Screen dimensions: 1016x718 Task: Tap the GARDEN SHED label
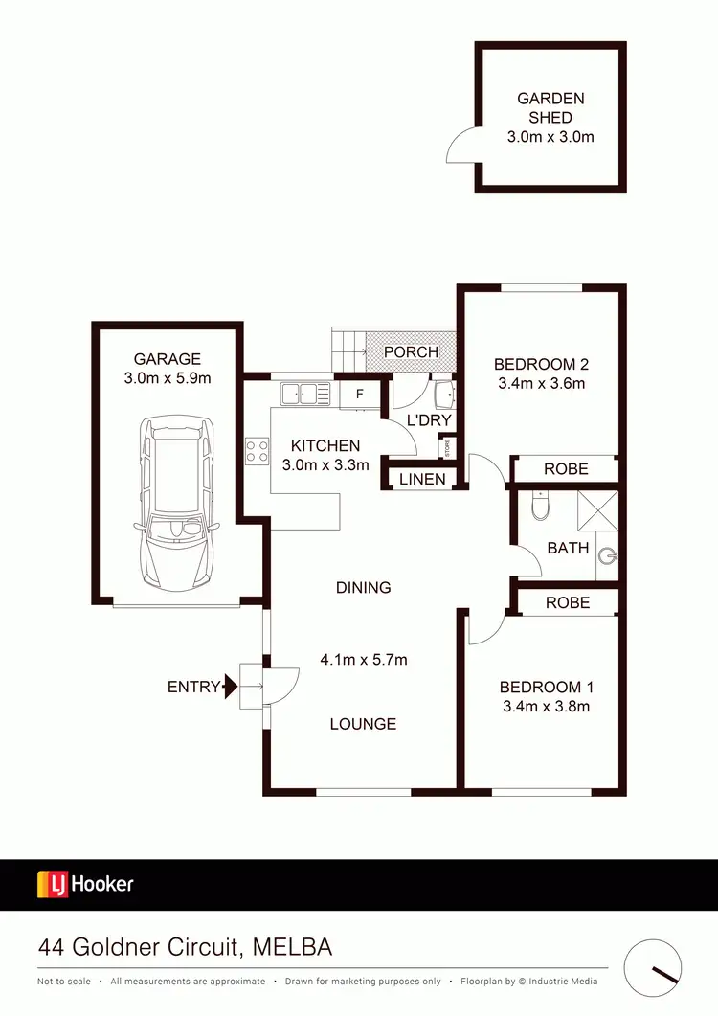tap(550, 107)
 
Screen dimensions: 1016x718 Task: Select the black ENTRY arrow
tap(230, 686)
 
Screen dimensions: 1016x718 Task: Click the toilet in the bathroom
tap(540, 507)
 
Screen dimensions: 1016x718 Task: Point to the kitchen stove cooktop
tap(257, 450)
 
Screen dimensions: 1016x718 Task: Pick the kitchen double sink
tap(305, 393)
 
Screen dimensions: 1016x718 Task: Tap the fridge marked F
tap(360, 394)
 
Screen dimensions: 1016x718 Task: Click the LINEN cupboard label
tap(422, 478)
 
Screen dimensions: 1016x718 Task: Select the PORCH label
tap(411, 351)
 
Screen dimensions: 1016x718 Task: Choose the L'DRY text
tap(429, 420)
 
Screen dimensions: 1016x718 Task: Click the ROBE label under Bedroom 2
tap(566, 468)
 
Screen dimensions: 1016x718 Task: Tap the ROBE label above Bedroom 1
tap(567, 602)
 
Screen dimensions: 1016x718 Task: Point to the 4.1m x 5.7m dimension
tap(364, 659)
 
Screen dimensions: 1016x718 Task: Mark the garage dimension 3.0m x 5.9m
tap(168, 377)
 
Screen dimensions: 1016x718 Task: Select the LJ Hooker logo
tap(85, 884)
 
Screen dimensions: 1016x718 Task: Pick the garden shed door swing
tap(461, 148)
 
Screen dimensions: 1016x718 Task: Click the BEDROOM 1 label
tap(547, 687)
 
